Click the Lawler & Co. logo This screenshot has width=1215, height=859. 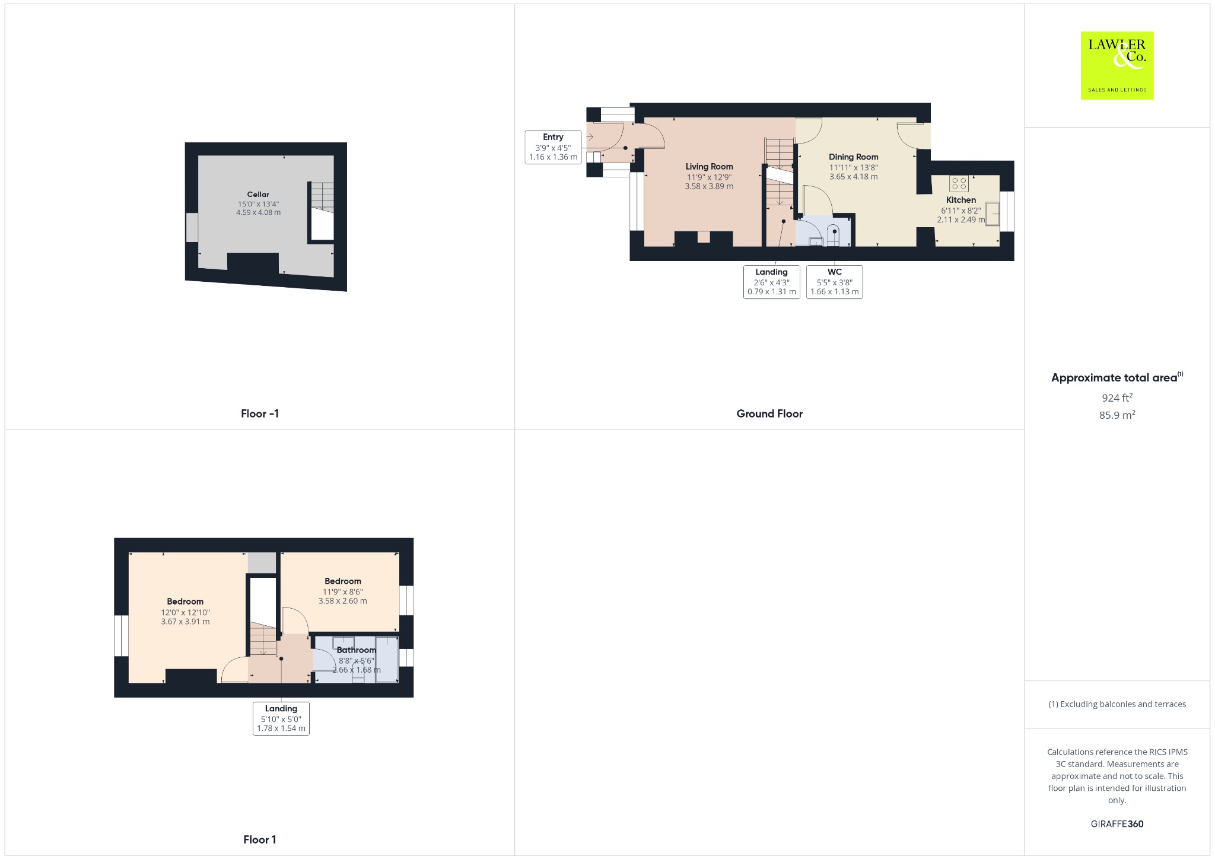pyautogui.click(x=1117, y=65)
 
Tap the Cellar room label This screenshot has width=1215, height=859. pyautogui.click(x=258, y=195)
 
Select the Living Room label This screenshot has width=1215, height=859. pyautogui.click(x=709, y=167)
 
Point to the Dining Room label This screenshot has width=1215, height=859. pyautogui.click(x=853, y=157)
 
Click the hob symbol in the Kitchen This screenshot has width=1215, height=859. pyautogui.click(x=959, y=183)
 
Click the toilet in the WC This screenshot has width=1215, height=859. pyautogui.click(x=834, y=236)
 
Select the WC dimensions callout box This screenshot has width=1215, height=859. pyautogui.click(x=834, y=282)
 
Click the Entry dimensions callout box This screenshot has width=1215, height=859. pyautogui.click(x=553, y=147)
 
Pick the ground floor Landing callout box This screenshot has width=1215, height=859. pyautogui.click(x=771, y=282)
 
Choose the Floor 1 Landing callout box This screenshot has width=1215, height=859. pyautogui.click(x=281, y=718)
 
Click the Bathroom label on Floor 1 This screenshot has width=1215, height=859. pyautogui.click(x=356, y=650)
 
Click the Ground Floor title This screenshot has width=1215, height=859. pyautogui.click(x=769, y=414)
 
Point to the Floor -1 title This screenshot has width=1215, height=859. pyautogui.click(x=260, y=414)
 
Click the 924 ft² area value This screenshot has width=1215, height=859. pyautogui.click(x=1117, y=397)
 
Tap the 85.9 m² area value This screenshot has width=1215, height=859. pyautogui.click(x=1117, y=415)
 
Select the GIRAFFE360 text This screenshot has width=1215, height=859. pyautogui.click(x=1117, y=824)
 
